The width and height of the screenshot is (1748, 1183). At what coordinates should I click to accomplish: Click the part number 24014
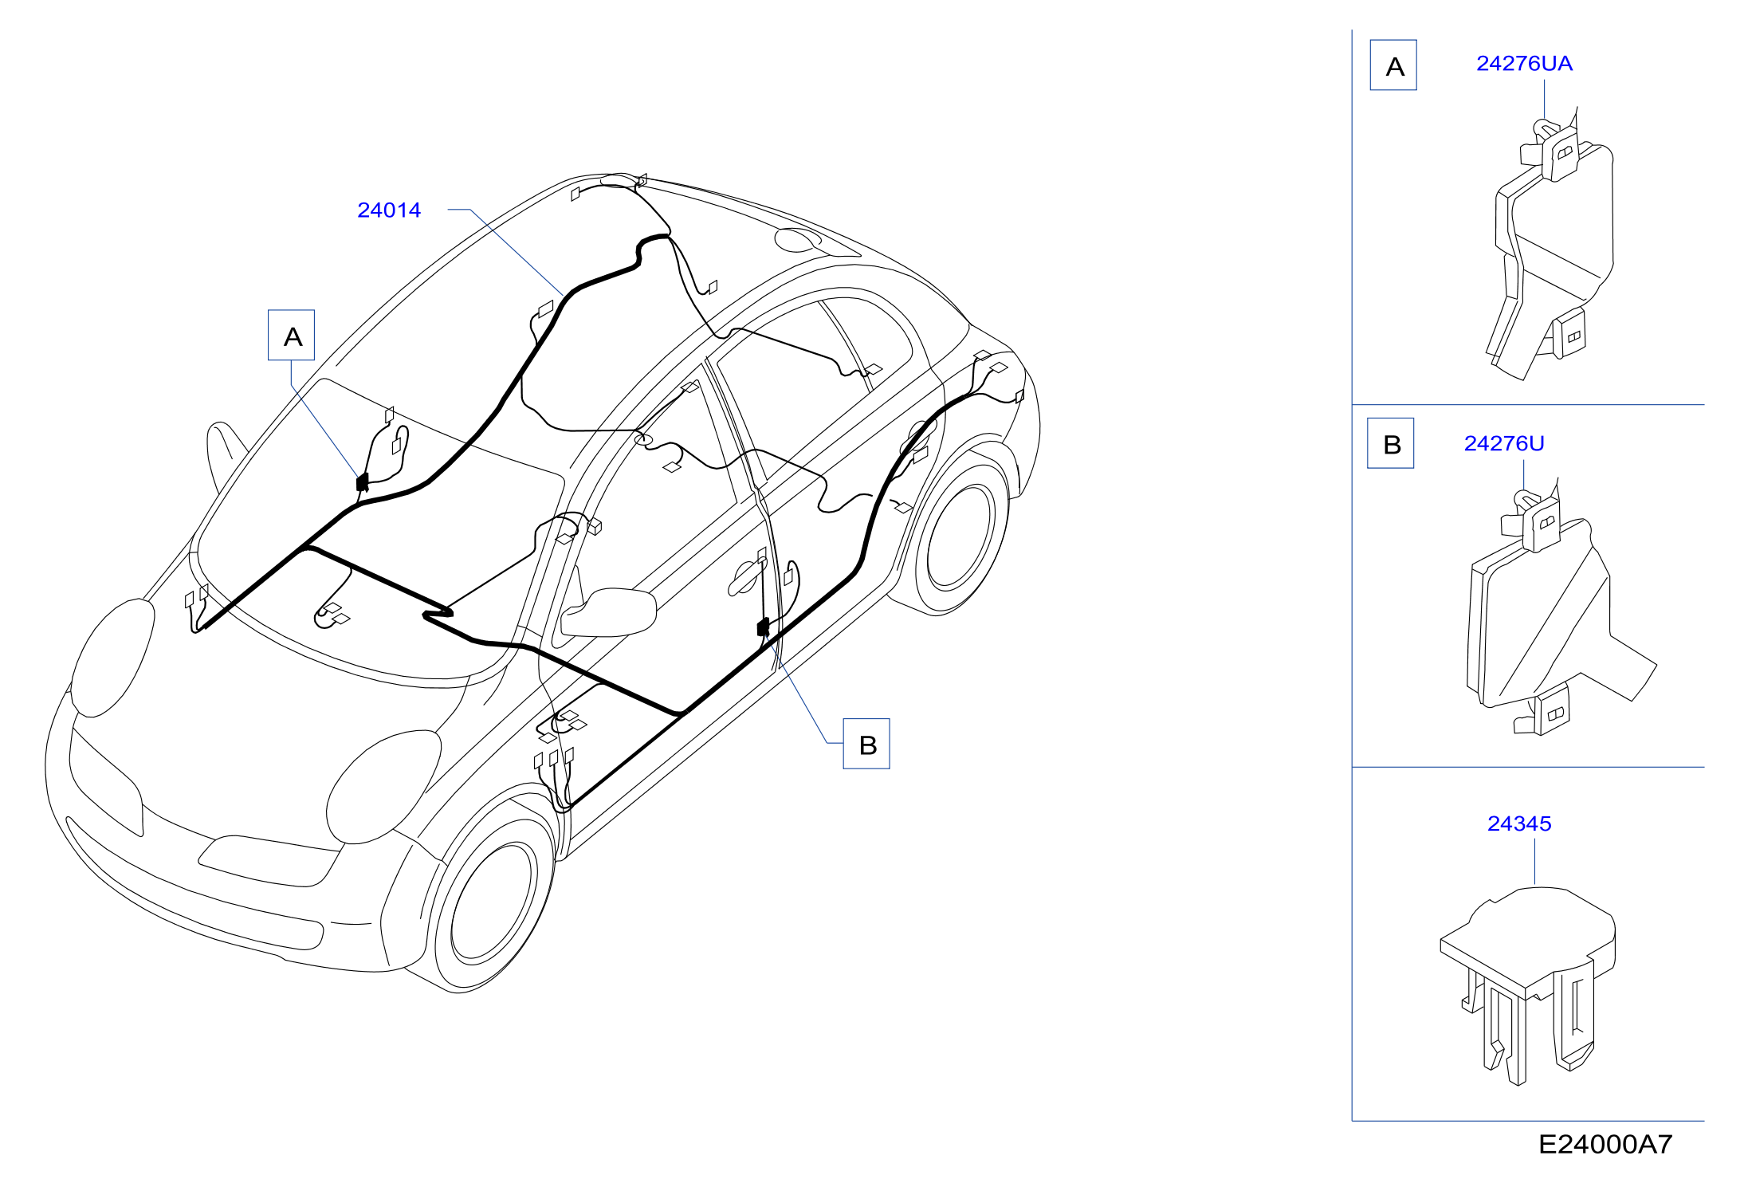(389, 210)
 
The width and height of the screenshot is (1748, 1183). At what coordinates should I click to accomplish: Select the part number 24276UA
(1524, 64)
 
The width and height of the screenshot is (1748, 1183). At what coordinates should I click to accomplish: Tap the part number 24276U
(1504, 443)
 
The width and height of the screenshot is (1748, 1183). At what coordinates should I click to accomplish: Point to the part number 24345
(1519, 823)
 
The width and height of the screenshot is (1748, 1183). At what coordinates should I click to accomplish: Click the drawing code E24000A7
(1605, 1145)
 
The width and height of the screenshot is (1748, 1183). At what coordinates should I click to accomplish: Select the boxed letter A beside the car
(292, 336)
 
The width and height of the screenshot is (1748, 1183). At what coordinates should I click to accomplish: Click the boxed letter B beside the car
(866, 745)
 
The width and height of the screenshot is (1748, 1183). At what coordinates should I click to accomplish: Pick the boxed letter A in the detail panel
(1393, 65)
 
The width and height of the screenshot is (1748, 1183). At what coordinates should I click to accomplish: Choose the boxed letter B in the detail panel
(1391, 443)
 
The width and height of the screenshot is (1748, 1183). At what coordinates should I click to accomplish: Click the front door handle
(744, 577)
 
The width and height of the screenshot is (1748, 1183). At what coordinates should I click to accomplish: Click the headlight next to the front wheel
(383, 787)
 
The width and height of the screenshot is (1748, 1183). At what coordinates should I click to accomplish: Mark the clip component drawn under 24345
(1528, 985)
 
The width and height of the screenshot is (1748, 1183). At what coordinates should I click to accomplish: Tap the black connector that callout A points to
(362, 482)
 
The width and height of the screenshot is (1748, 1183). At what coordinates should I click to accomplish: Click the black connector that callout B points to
(763, 627)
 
